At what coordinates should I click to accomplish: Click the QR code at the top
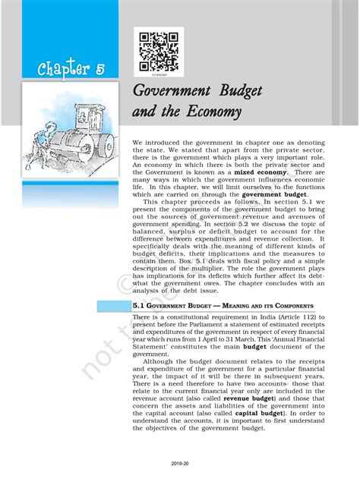click(x=158, y=50)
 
